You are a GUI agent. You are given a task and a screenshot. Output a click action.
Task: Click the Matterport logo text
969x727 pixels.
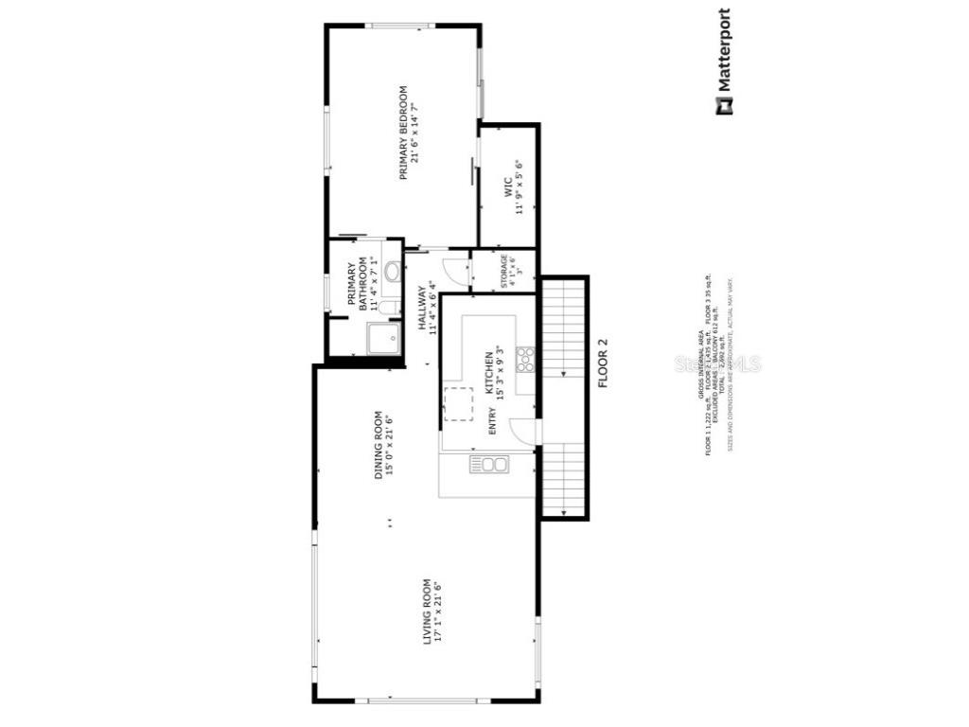coord(724,52)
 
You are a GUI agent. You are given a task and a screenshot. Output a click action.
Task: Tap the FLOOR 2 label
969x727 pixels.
coord(601,363)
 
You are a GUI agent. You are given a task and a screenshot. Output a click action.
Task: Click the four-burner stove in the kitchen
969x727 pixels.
coord(525,359)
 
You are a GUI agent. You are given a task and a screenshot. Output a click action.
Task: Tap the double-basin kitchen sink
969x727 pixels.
coord(489,464)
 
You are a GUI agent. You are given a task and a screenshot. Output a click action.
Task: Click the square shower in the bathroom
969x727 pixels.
coord(384,340)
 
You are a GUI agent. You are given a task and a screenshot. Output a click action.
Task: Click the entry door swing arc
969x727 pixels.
coord(523,431)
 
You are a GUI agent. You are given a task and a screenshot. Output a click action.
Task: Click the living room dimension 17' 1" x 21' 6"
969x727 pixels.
coord(438,612)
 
